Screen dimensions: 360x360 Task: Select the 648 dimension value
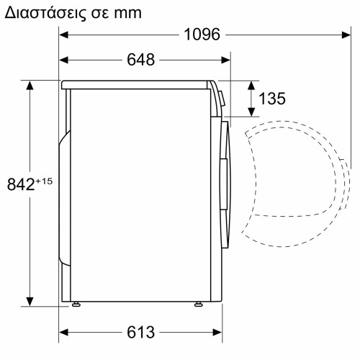140,60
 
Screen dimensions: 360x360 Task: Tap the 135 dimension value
271,99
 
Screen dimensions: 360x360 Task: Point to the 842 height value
21,184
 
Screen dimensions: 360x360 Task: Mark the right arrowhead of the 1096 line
337,34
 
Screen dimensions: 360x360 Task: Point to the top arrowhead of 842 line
30,85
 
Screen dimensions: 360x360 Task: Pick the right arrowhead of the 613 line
214,332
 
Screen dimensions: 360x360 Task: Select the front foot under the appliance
197,305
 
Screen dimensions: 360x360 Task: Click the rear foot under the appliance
75,305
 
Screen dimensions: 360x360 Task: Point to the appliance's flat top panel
137,84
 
